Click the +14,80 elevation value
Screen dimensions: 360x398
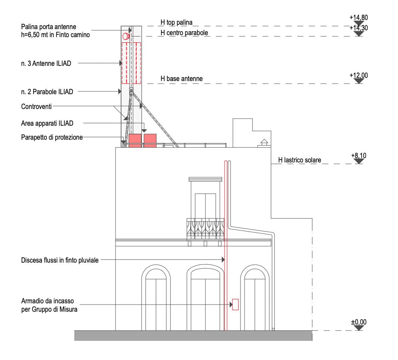[x=358, y=18]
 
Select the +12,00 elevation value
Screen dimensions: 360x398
[x=358, y=75]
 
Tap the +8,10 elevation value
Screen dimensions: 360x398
[x=358, y=155]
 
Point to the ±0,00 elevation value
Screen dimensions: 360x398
[x=358, y=322]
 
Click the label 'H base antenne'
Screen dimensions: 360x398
[x=181, y=79]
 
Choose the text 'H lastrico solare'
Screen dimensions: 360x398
[x=300, y=160]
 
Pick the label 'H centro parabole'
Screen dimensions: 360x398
[x=184, y=33]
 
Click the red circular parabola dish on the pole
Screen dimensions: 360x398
[x=126, y=36]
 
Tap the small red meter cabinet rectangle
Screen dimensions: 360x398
[x=235, y=305]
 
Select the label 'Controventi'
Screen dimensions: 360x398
[x=37, y=107]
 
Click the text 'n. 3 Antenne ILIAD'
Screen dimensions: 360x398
[x=46, y=63]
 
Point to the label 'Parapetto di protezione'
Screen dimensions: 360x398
[x=52, y=137]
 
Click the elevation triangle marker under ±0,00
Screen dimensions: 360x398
[x=358, y=328]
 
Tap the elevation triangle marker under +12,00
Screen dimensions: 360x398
[x=358, y=81]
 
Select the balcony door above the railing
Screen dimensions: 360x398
[x=205, y=206]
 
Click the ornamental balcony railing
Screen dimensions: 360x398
[x=205, y=229]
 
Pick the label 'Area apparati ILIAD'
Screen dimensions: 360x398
[x=47, y=123]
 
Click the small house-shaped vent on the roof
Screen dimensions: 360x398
[x=264, y=142]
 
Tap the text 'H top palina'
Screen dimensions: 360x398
[x=177, y=23]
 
